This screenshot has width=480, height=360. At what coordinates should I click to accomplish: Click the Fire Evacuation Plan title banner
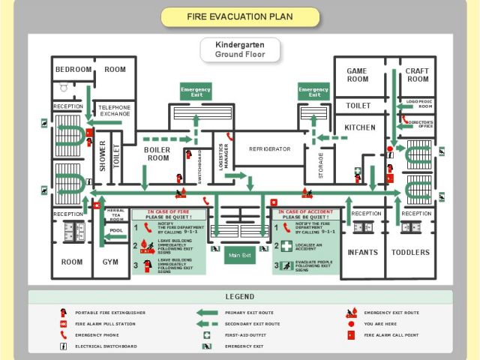coord(240,16)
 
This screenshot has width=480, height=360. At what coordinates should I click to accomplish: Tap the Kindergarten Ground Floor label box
coord(240,49)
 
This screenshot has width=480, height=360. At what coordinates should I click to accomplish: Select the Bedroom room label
coord(73,70)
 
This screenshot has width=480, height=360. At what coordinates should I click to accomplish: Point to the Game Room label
coord(357,75)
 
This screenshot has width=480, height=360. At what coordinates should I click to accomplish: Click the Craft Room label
coord(418,75)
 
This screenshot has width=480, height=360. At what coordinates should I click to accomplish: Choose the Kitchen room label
coord(360,127)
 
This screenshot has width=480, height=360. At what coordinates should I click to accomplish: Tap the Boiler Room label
coord(157,154)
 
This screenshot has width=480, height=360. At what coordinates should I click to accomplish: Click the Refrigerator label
coord(269,149)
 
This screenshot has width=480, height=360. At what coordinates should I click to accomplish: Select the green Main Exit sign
coord(240,256)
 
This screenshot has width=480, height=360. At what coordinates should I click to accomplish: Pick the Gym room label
coord(110,262)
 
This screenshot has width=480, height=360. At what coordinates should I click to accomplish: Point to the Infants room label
coord(363,253)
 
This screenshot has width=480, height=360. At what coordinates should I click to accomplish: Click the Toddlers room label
coord(411,253)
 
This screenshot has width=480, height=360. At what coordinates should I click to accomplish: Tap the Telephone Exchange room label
coord(115,110)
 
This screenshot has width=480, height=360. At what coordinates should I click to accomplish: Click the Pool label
coord(116,231)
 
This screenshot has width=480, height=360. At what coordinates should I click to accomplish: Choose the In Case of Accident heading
coord(305,214)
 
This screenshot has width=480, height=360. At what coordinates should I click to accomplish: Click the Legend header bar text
coord(240,297)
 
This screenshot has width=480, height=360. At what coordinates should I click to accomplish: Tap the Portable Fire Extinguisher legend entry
coord(109,312)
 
